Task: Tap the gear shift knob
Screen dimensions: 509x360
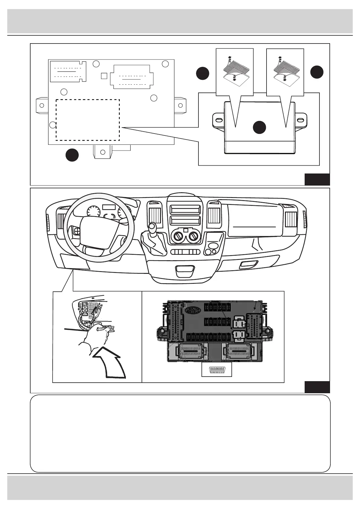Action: (x=152, y=226)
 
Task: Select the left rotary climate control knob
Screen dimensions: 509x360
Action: (x=178, y=236)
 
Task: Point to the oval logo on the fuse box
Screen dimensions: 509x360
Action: (x=193, y=310)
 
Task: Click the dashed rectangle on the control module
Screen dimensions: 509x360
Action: (x=88, y=120)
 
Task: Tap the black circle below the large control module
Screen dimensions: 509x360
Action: (x=72, y=155)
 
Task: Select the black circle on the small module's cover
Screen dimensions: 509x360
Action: (x=260, y=127)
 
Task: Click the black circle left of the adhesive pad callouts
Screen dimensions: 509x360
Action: (x=202, y=73)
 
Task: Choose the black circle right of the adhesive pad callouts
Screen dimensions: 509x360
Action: (x=317, y=72)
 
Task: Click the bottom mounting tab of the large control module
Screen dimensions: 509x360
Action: (x=103, y=151)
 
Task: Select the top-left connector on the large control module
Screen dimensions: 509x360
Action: (x=68, y=72)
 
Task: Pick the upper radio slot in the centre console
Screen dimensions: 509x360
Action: (x=185, y=209)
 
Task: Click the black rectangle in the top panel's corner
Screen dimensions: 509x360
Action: (x=317, y=179)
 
